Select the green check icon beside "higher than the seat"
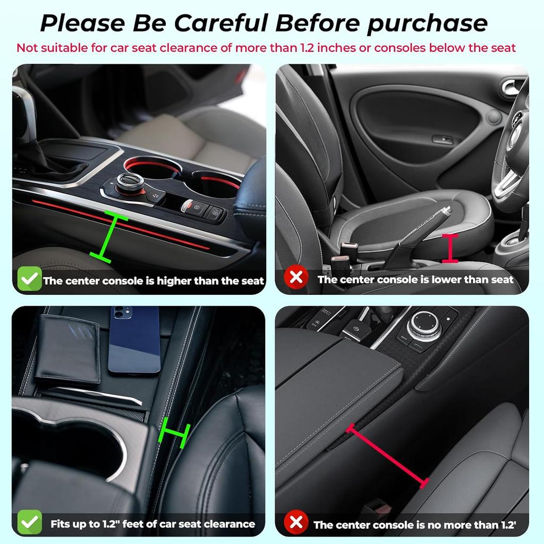29,279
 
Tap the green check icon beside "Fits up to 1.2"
29,523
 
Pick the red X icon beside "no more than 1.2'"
295,523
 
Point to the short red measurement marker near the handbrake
450,248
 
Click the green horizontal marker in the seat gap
174,431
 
